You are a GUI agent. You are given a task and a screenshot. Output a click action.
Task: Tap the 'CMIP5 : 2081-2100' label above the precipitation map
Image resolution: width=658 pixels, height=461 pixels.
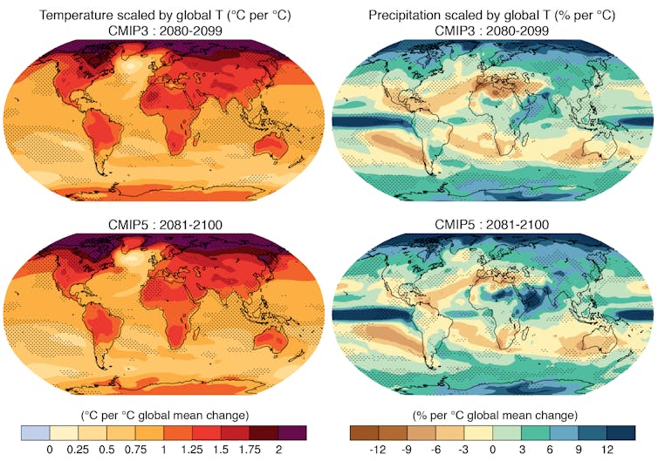(492, 226)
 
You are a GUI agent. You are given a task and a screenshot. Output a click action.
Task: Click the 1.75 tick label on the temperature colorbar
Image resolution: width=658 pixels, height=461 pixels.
(249, 450)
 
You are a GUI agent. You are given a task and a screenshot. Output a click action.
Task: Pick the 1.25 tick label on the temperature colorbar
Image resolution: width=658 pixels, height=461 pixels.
(192, 450)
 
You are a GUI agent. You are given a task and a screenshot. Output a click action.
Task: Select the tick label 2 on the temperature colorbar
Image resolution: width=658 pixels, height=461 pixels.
(278, 450)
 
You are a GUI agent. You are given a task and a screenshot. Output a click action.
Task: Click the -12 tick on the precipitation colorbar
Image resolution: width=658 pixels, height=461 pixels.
(378, 450)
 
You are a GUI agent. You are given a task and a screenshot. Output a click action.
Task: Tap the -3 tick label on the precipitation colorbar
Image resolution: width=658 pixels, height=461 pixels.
(464, 450)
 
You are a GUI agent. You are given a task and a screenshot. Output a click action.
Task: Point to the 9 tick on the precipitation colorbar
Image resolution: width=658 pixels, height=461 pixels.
(579, 450)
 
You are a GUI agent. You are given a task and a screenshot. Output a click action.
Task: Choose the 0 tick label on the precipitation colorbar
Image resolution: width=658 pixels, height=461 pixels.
(493, 450)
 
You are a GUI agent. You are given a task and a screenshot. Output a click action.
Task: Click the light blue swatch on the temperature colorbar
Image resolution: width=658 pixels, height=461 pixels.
(35, 432)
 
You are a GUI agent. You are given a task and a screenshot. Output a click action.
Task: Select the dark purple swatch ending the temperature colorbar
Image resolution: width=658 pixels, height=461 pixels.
(292, 432)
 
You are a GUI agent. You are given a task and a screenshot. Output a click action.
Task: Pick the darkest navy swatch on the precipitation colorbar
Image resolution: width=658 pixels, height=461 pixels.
(621, 432)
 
